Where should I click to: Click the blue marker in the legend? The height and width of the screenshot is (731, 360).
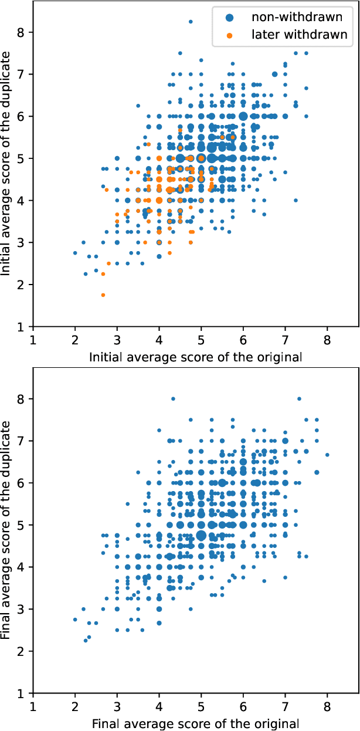click(229, 18)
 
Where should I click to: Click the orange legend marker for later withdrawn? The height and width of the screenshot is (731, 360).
click(229, 35)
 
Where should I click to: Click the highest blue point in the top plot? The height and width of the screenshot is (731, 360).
click(191, 22)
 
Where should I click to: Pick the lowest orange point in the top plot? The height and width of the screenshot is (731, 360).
click(103, 295)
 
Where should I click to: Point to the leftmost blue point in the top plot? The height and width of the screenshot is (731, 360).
click(75, 253)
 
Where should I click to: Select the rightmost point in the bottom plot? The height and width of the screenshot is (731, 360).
click(327, 455)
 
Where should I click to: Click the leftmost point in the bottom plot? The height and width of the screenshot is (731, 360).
click(75, 620)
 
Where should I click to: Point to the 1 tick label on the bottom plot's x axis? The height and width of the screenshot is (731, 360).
click(33, 707)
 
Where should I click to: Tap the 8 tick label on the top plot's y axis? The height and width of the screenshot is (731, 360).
click(21, 32)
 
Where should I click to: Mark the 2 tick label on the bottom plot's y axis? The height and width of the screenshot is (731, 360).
click(21, 651)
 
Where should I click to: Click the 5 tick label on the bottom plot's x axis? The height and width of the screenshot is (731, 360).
click(201, 707)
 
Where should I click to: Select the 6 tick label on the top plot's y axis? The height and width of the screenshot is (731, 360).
click(21, 116)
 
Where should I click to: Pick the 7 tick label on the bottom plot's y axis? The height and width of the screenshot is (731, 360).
click(21, 441)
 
